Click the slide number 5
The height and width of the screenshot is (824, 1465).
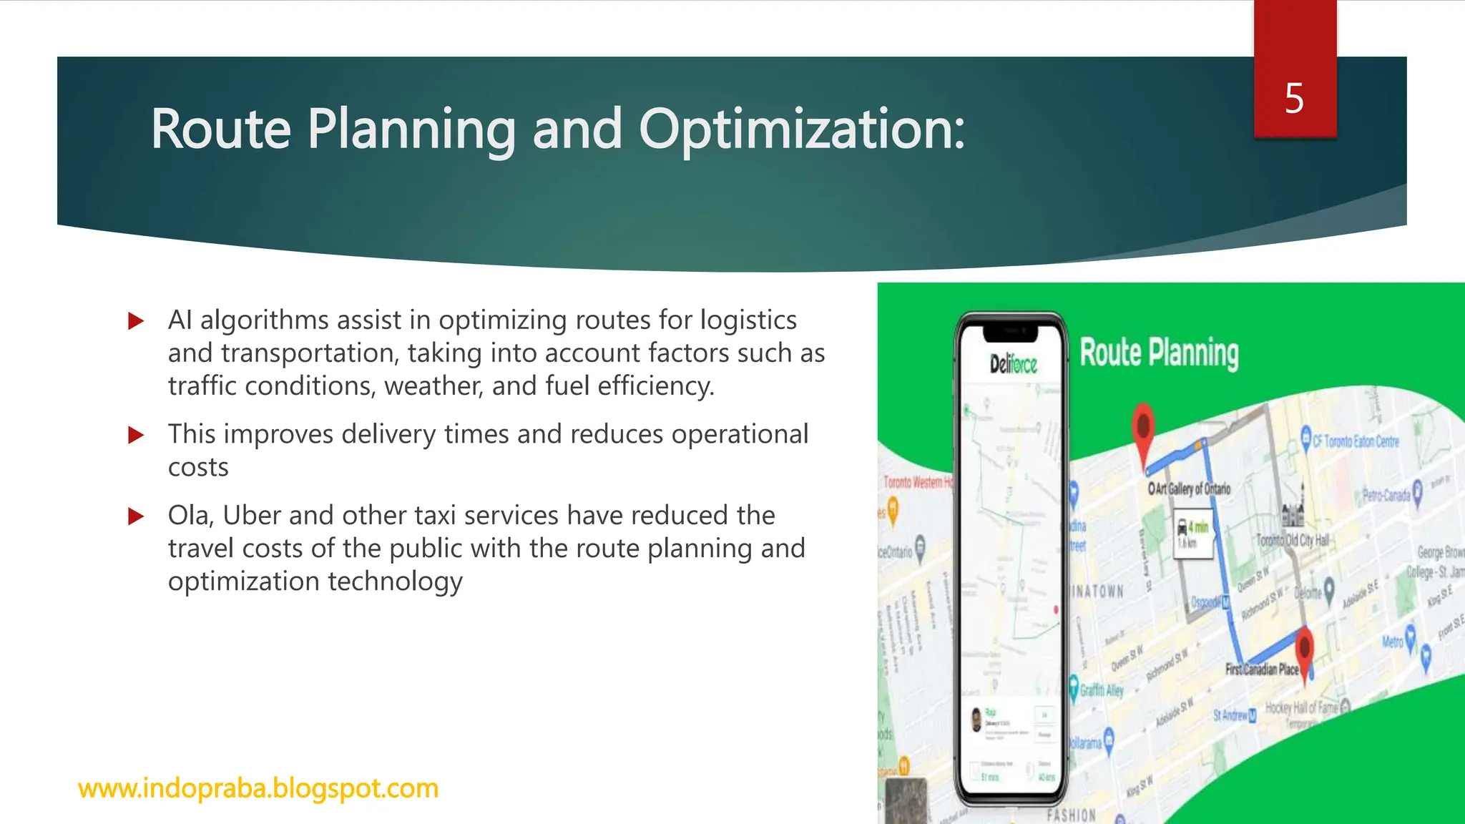[1294, 98]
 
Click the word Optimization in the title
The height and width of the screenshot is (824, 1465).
[801, 129]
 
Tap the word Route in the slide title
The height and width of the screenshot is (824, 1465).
[220, 129]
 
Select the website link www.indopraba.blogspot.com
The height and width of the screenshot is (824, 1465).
[258, 788]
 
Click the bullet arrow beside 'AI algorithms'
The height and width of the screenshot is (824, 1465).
[136, 321]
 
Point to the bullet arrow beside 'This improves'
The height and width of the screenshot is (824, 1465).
[136, 435]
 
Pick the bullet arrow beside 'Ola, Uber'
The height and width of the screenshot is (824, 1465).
[136, 516]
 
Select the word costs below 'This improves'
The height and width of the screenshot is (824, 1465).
[198, 468]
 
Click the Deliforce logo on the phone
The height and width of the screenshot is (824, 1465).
[1013, 365]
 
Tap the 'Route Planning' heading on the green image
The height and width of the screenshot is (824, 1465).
[1159, 353]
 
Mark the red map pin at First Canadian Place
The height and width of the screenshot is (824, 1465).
[1305, 649]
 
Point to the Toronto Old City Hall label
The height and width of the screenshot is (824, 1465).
[1293, 540]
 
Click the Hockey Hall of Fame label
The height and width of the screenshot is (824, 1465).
[1301, 708]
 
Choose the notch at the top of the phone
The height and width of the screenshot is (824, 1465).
[1011, 332]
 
